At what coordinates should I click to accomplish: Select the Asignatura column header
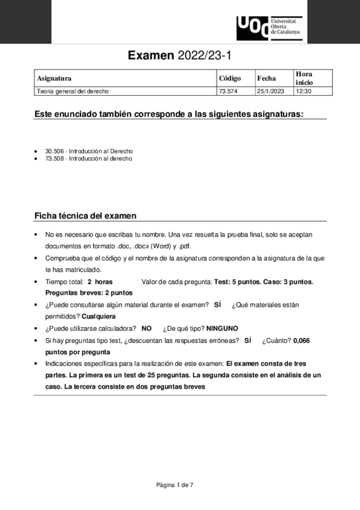pyautogui.click(x=54, y=78)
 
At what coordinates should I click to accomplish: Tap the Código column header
pyautogui.click(x=230, y=78)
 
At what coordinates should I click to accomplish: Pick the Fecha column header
pyautogui.click(x=266, y=78)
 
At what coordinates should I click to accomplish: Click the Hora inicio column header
pyautogui.click(x=304, y=78)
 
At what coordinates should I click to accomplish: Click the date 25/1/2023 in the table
pyautogui.click(x=269, y=91)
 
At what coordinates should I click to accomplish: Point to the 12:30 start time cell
pyautogui.click(x=302, y=91)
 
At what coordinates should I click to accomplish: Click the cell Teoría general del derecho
pyautogui.click(x=73, y=91)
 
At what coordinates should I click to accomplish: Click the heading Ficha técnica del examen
pyautogui.click(x=85, y=215)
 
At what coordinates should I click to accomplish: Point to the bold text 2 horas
pyautogui.click(x=100, y=281)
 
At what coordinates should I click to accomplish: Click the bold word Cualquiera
pyautogui.click(x=99, y=316)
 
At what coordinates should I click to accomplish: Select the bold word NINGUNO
pyautogui.click(x=222, y=328)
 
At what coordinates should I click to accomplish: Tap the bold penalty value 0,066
pyautogui.click(x=301, y=340)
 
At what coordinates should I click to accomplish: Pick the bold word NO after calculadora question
pyautogui.click(x=146, y=328)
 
